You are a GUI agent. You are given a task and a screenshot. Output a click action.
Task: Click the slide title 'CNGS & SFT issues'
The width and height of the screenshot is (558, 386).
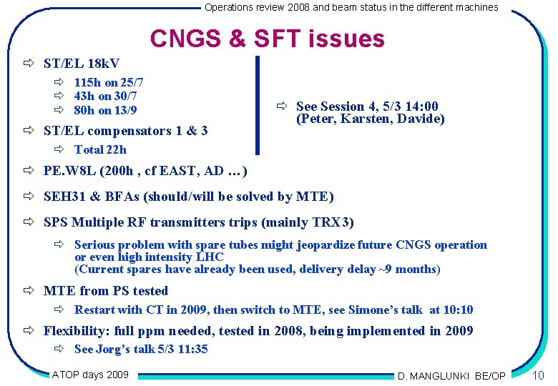click(x=268, y=39)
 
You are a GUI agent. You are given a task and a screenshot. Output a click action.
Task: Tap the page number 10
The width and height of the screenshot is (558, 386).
click(x=539, y=375)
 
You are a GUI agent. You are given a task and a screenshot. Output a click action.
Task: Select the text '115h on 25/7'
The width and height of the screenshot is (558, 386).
click(x=109, y=83)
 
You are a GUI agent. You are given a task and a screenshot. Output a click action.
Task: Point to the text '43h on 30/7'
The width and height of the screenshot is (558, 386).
click(x=106, y=96)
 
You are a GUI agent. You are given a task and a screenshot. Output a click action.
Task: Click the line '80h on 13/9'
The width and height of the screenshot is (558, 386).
click(x=106, y=110)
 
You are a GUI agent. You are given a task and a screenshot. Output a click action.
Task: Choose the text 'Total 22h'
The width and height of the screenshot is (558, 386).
click(x=100, y=149)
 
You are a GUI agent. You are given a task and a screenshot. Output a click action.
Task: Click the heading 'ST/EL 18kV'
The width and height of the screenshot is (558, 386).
click(x=82, y=64)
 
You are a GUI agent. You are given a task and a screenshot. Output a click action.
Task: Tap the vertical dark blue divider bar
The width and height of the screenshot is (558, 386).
click(x=258, y=105)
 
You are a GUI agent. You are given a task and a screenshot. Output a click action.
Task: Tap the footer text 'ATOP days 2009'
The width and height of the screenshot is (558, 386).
click(x=91, y=374)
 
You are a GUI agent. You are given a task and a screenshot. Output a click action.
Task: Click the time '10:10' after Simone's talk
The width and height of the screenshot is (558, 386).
click(x=458, y=310)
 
